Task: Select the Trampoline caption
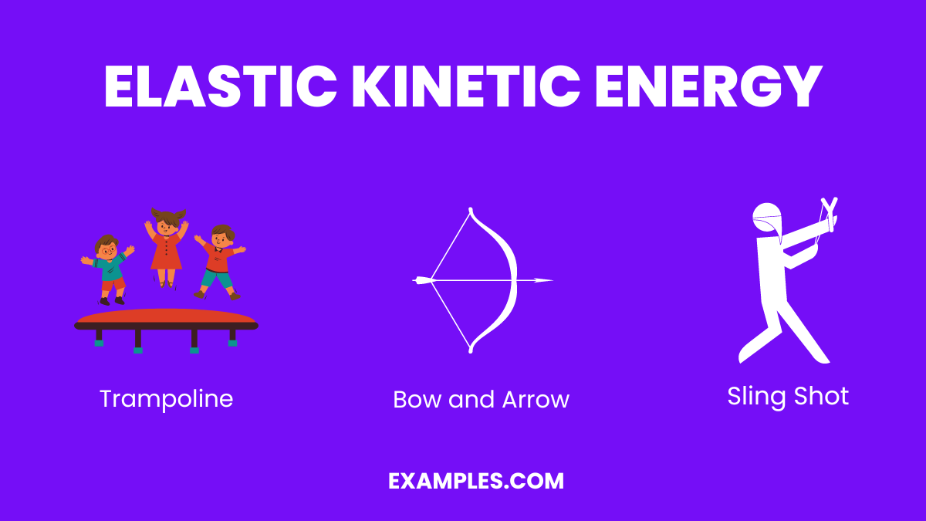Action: click(x=166, y=398)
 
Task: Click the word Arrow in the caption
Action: click(x=536, y=399)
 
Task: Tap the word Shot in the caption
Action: click(x=824, y=396)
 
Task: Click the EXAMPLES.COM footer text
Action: click(x=476, y=481)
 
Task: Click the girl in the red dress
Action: click(x=166, y=247)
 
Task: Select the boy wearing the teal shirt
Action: click(x=108, y=266)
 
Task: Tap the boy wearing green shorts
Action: click(x=220, y=262)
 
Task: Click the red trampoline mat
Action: click(x=165, y=316)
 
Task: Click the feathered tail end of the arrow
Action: click(x=421, y=280)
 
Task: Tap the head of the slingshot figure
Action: click(x=767, y=218)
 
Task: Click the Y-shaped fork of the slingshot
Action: click(x=830, y=210)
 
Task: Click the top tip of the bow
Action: click(x=471, y=209)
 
